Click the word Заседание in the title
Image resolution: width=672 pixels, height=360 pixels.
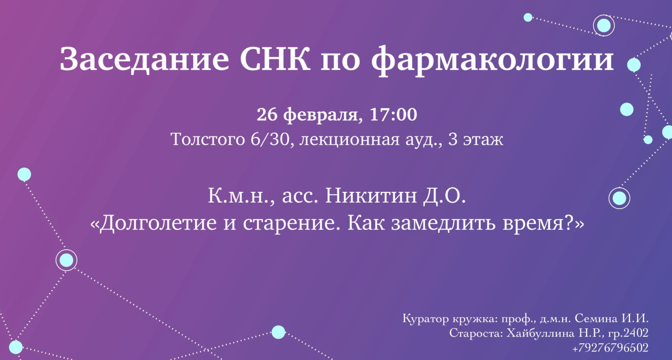144,59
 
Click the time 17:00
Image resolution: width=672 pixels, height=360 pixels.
393,115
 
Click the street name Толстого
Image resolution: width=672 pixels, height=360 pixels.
208,140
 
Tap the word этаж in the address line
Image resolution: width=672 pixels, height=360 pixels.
483,140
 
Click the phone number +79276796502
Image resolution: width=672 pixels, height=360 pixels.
610,348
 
